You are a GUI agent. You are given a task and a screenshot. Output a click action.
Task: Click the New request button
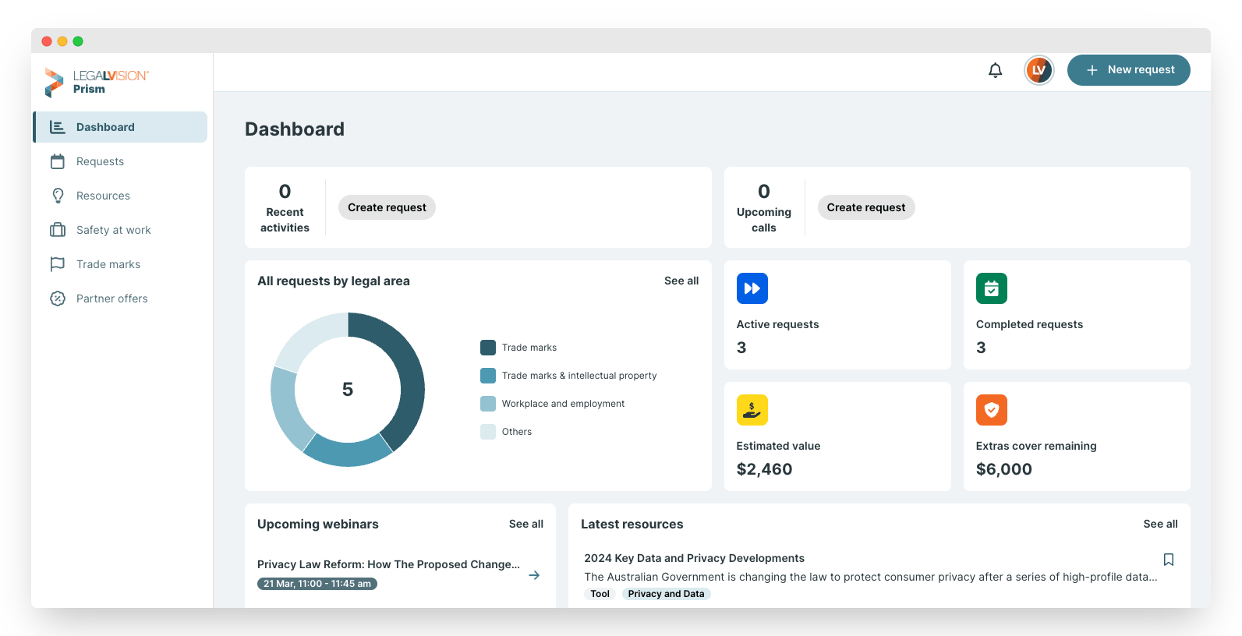tap(1128, 70)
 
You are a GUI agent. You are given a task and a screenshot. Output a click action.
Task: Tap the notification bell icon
tap(996, 70)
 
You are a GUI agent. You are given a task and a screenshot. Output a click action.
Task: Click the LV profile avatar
tap(1039, 70)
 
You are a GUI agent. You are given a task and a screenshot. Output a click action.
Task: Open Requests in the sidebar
tap(100, 161)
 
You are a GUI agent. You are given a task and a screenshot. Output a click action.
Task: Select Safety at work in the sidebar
tap(113, 230)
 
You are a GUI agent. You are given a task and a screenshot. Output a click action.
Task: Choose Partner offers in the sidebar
tap(111, 299)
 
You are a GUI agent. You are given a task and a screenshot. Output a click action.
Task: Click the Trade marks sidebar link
tap(108, 264)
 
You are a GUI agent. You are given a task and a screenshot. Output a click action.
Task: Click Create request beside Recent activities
tap(387, 207)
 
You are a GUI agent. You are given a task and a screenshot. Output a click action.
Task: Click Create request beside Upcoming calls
tap(866, 207)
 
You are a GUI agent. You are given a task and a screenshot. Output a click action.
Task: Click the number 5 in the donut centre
tap(348, 389)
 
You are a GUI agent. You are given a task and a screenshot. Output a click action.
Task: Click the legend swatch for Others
tap(488, 431)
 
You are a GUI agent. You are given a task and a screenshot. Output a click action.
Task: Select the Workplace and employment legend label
tap(563, 404)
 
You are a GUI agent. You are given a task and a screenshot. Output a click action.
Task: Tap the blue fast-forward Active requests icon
tap(752, 288)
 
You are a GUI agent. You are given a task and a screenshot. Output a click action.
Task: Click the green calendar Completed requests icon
tap(992, 288)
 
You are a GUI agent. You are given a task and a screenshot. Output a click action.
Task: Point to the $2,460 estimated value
tap(764, 469)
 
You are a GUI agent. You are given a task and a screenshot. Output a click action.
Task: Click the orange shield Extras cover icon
tap(992, 410)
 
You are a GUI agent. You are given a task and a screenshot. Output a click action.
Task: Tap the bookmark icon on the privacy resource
tap(1168, 560)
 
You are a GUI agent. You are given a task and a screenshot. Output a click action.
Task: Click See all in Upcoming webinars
tap(525, 524)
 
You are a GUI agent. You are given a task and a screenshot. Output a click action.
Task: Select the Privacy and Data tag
tap(666, 594)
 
